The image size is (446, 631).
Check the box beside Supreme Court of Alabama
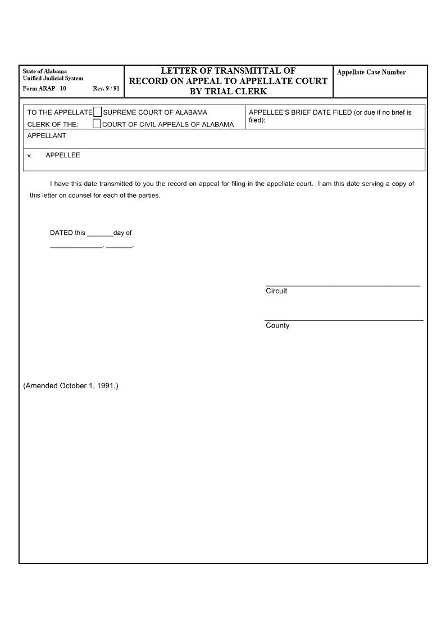coord(98,112)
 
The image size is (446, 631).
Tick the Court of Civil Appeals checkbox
coord(97,124)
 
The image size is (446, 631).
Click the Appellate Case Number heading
coord(371,72)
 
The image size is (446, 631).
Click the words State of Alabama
coord(44,71)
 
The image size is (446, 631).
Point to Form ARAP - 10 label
coord(44,89)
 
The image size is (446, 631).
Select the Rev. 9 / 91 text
coord(106,89)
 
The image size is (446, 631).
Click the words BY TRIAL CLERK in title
coord(228,92)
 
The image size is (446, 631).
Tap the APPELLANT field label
coord(47,136)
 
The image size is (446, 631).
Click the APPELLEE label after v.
coord(63,156)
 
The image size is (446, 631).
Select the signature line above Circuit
coord(343,285)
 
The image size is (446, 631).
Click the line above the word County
coord(344,320)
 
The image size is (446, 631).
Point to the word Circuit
coord(276,291)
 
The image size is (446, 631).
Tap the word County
coord(277,326)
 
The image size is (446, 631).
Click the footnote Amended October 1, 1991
coord(71,386)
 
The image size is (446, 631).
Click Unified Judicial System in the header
coord(53,79)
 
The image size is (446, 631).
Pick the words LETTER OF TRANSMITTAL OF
coord(228,71)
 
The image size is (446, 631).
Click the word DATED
coord(61,233)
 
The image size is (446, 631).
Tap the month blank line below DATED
coord(76,246)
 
